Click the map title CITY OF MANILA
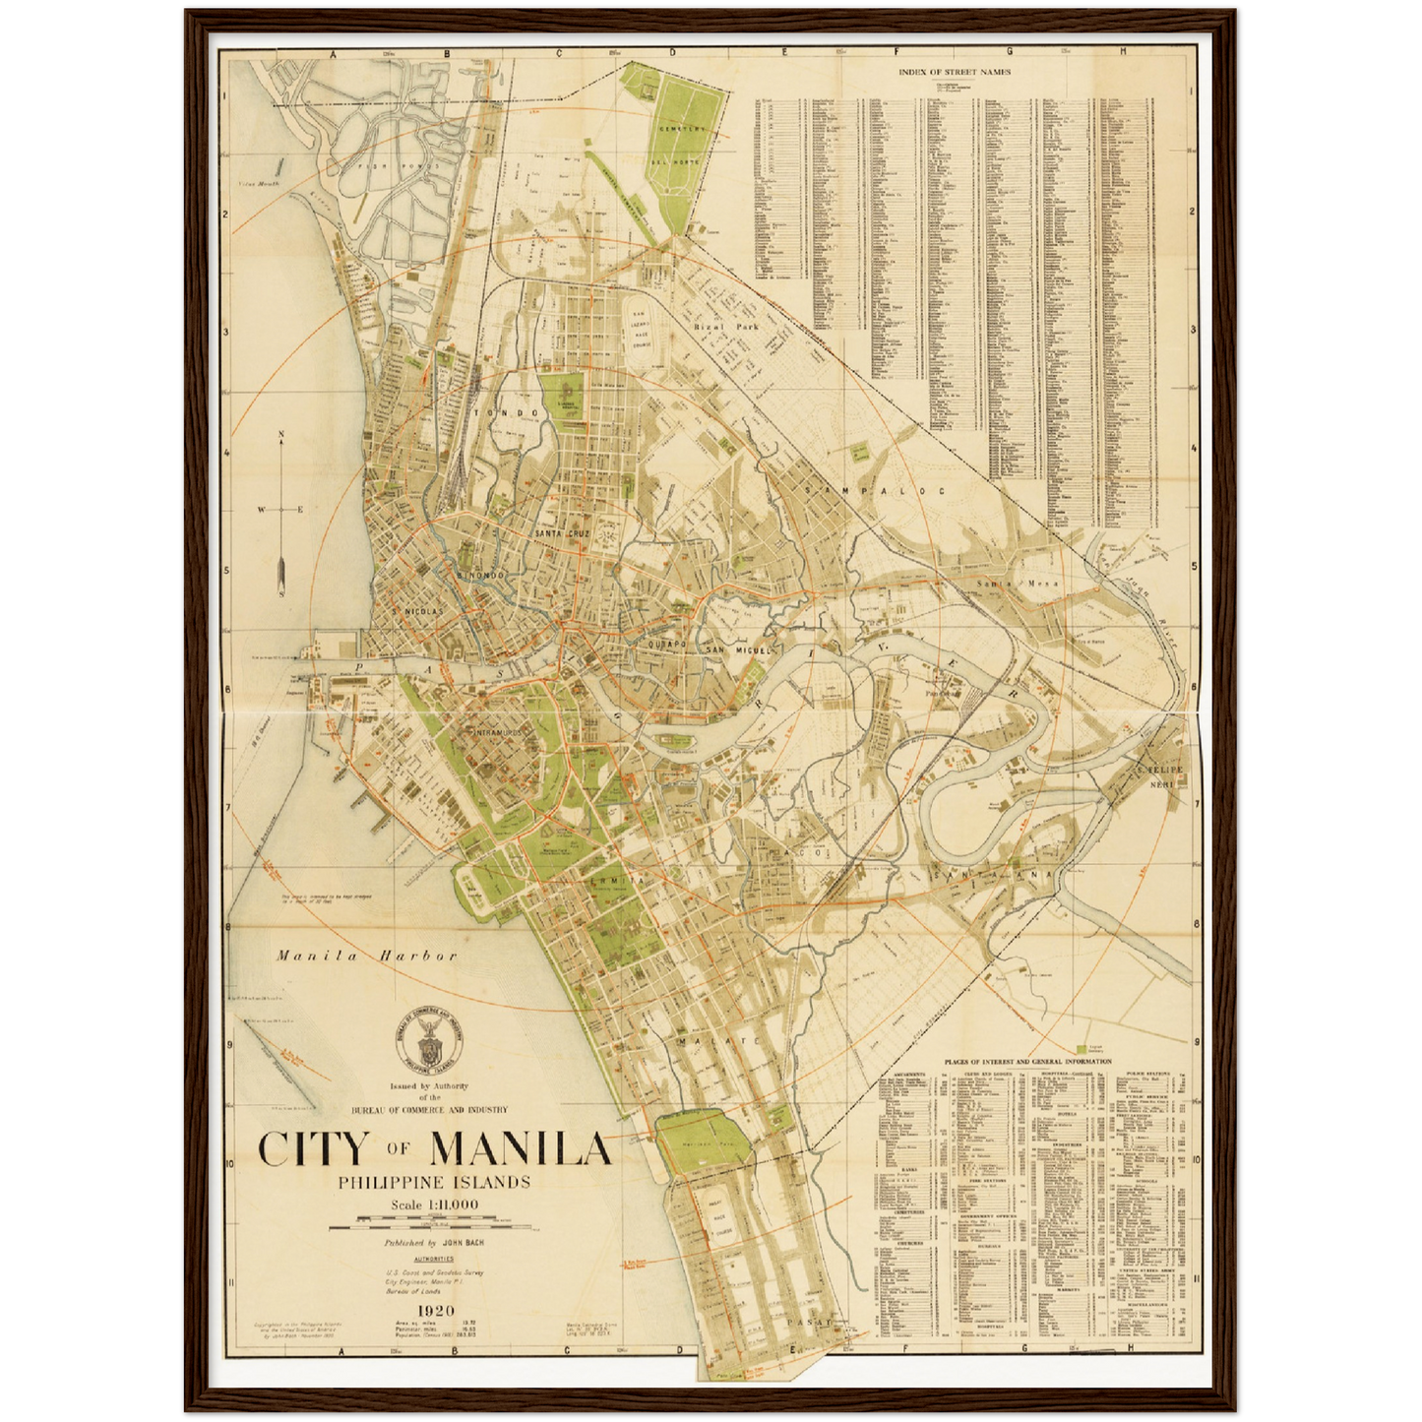tap(434, 1148)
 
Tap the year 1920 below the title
tap(435, 1310)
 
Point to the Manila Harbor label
tap(367, 956)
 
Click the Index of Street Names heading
tap(954, 71)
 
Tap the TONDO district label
tap(507, 413)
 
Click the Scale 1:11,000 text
tap(434, 1205)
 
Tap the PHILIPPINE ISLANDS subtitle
tap(434, 1182)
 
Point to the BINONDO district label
tap(480, 574)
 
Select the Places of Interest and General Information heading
tap(1027, 1062)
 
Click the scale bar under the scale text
tap(429, 1226)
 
